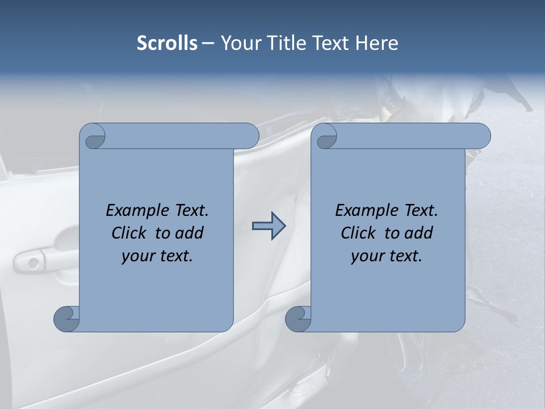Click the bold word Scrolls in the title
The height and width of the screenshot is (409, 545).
pyautogui.click(x=167, y=43)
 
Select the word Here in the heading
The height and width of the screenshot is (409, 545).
pyautogui.click(x=376, y=43)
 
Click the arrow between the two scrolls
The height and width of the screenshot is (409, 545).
pyautogui.click(x=269, y=226)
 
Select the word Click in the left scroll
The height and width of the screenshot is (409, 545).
pyautogui.click(x=130, y=233)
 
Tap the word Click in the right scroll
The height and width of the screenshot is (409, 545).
pyautogui.click(x=359, y=233)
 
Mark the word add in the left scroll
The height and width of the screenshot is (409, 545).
pyautogui.click(x=188, y=233)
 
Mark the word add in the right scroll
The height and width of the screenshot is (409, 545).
pyautogui.click(x=418, y=233)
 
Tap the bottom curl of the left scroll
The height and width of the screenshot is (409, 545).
pyautogui.click(x=67, y=319)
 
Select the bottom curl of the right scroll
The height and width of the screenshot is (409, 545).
pyautogui.click(x=298, y=319)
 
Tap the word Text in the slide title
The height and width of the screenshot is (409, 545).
pyautogui.click(x=330, y=43)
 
